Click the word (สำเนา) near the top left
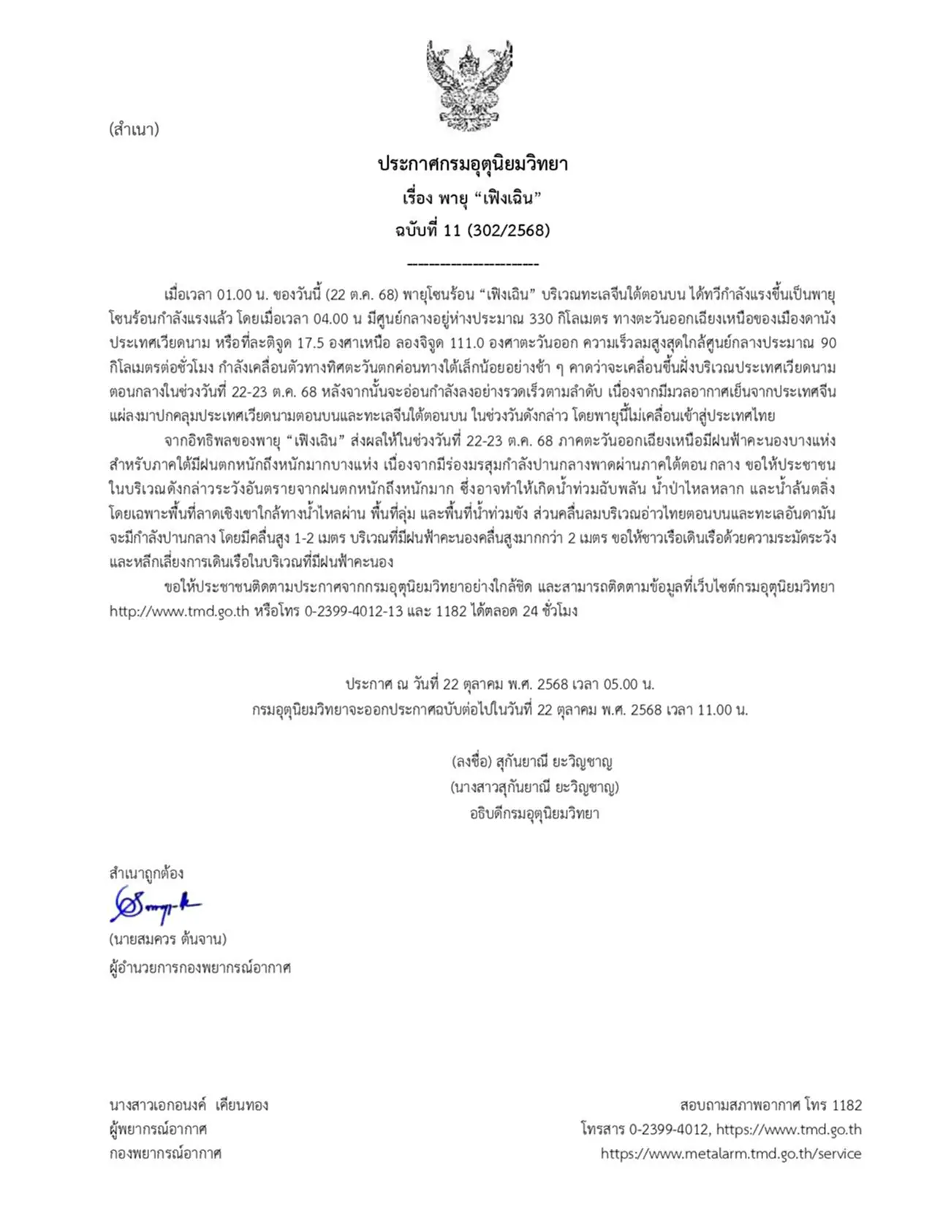click(134, 130)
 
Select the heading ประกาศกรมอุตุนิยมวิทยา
click(472, 164)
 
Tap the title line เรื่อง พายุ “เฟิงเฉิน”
click(472, 197)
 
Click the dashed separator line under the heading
click(472, 265)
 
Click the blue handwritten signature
click(155, 906)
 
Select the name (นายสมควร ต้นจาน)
click(167, 939)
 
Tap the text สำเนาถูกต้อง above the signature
click(146, 873)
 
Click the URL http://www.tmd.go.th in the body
click(179, 611)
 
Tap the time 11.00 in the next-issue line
click(713, 710)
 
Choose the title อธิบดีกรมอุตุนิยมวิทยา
click(534, 814)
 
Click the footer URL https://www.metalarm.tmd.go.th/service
click(731, 1154)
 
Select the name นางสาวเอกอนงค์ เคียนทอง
click(189, 1105)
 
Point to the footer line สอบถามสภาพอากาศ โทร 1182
click(770, 1105)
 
